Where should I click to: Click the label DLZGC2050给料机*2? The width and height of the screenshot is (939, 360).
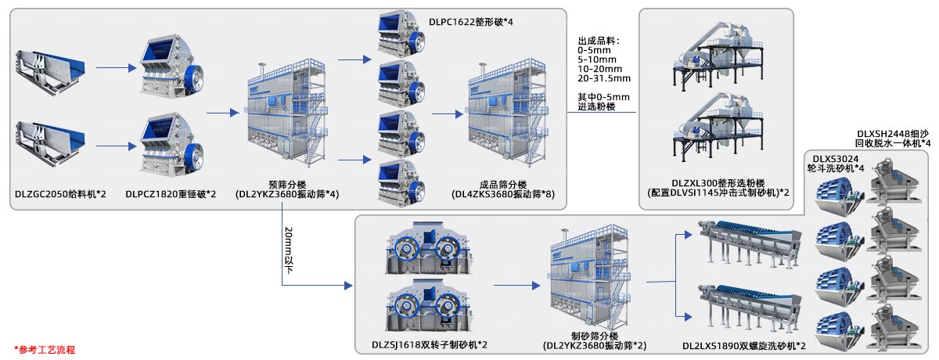coord(60,193)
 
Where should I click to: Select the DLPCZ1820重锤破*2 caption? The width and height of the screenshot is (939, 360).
coord(176,193)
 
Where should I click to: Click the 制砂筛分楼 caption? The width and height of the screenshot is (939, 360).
coord(594,335)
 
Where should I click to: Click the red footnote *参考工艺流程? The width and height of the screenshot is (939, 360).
coord(45,349)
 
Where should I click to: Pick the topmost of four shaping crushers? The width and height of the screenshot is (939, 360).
coord(401,33)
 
